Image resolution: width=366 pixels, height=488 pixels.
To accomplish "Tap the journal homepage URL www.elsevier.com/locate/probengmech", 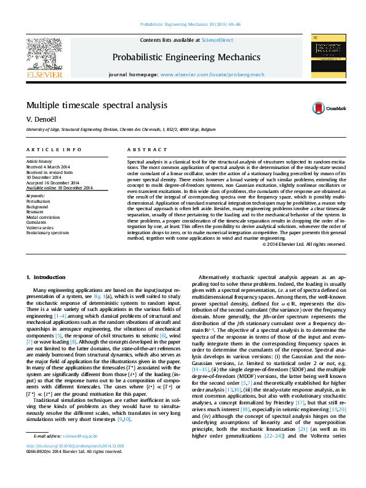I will (212, 74).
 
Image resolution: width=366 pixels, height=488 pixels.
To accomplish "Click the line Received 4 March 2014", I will (47, 167).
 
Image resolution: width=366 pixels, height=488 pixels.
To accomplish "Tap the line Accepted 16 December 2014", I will (52, 183).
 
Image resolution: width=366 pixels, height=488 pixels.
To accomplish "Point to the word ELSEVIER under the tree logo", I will (44, 74).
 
